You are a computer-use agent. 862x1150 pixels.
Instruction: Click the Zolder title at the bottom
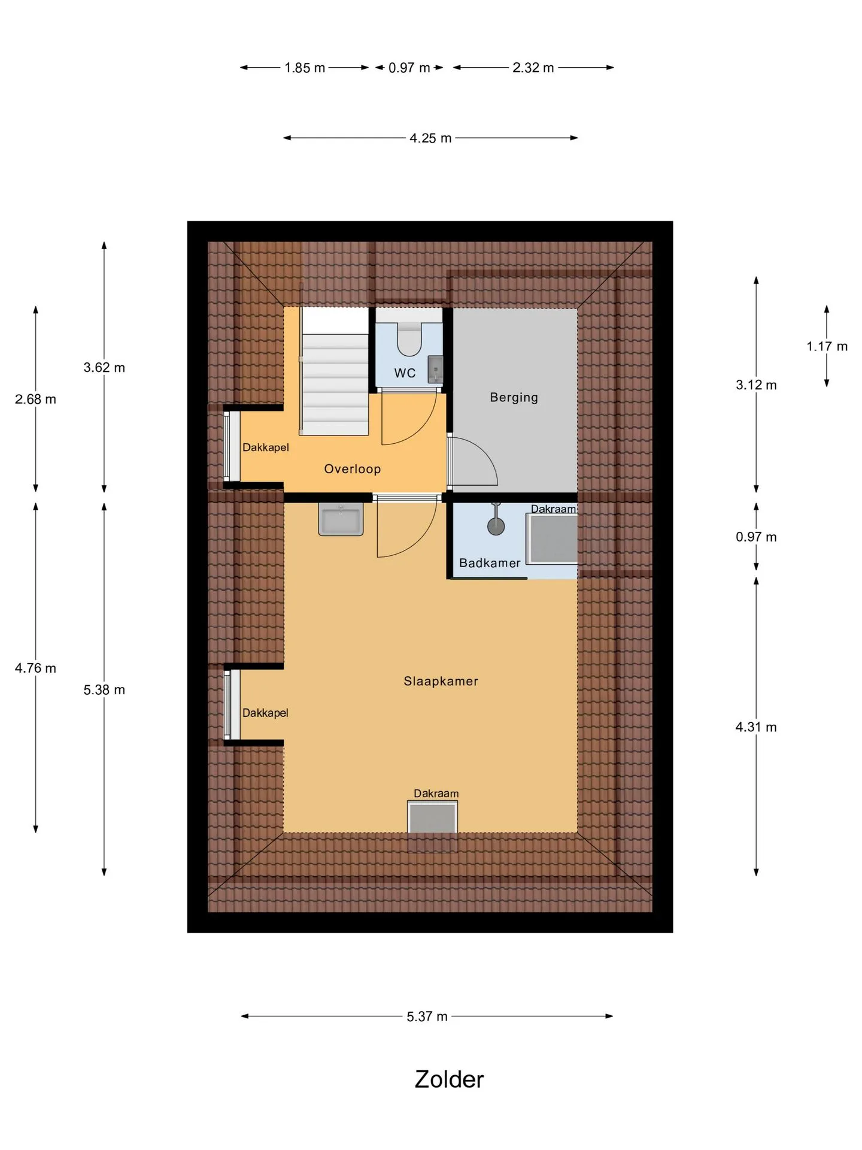tap(449, 1079)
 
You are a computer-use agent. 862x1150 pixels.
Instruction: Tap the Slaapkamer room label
tap(441, 681)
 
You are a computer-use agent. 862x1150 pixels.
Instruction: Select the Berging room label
tap(514, 398)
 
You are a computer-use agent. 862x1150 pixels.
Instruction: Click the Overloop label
tap(352, 469)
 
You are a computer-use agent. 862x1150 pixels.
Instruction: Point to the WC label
tap(405, 373)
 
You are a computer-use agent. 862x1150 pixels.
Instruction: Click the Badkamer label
tap(490, 563)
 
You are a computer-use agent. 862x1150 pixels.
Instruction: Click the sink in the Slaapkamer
tap(341, 519)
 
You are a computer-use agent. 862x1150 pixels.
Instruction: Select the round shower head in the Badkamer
tap(496, 526)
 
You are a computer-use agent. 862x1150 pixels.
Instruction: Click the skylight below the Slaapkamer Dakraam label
tap(432, 818)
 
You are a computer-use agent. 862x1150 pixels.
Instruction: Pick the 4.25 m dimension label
tap(430, 138)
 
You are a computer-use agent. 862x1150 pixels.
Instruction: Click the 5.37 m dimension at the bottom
tap(427, 1016)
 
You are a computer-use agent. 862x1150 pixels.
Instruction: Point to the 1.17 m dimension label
tap(827, 346)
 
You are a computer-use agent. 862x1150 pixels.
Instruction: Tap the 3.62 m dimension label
tap(104, 368)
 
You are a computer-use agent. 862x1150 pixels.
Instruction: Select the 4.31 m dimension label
tap(756, 727)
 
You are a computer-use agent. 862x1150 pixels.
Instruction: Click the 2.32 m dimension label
tap(533, 68)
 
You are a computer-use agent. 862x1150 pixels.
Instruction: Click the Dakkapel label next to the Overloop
tap(265, 447)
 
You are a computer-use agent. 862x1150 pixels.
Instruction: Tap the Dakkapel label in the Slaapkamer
tap(265, 713)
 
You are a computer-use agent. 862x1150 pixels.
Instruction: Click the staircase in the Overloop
tap(334, 371)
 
